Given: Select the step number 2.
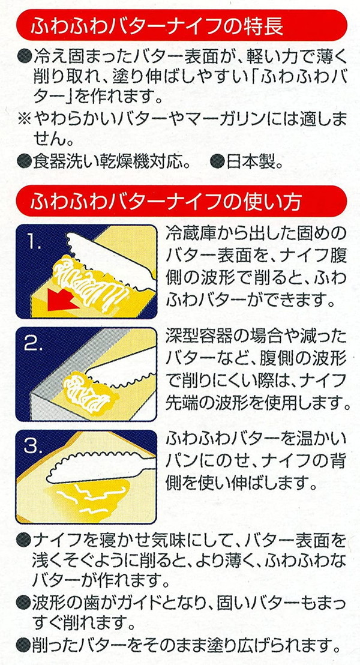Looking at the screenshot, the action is point(34,345).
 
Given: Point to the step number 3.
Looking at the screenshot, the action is point(34,446).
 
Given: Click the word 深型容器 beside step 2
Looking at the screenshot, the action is point(199,336).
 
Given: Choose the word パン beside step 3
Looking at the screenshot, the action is point(181,460).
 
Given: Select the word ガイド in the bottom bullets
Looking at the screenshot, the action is point(124,603).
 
